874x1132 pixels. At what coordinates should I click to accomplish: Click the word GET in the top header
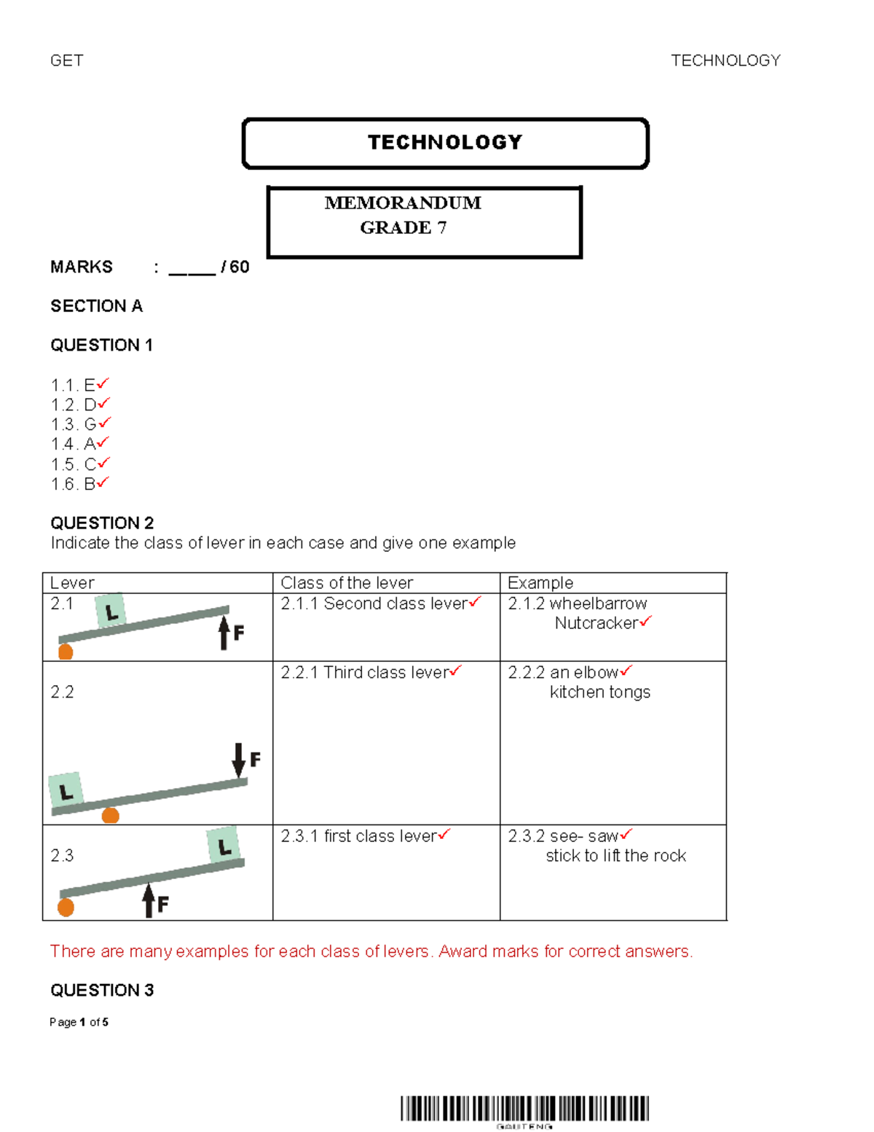tap(66, 60)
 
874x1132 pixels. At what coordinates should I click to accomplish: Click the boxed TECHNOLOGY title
tap(445, 142)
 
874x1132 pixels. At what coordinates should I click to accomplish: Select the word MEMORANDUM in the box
tap(403, 203)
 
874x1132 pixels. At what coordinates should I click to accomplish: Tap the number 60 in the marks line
tap(240, 267)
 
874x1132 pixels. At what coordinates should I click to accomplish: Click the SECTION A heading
tap(96, 306)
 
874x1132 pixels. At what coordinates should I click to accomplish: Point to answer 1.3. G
tap(74, 424)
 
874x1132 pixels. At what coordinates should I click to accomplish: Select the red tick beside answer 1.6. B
tap(103, 482)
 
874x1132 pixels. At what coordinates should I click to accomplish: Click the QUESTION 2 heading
tap(102, 523)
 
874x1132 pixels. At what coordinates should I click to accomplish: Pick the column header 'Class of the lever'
tap(347, 583)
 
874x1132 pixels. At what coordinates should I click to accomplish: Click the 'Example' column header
tap(540, 583)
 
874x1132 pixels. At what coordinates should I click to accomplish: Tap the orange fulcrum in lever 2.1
tap(66, 652)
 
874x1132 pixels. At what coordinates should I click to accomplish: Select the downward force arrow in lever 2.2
tap(238, 760)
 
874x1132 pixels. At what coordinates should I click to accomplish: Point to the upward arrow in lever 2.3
tap(149, 899)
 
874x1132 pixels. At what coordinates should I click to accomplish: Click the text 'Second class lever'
tap(395, 604)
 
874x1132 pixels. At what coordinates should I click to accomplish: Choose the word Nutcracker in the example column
tap(597, 623)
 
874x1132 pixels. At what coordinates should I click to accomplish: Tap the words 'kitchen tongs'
tap(600, 692)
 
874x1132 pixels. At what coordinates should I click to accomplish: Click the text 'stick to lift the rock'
tap(616, 856)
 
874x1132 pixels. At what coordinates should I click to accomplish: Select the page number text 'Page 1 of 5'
tap(79, 1022)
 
